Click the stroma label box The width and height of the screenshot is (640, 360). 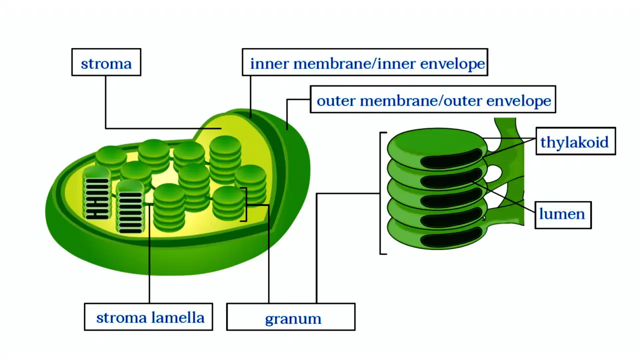(106, 62)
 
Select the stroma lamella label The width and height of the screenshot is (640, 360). (148, 317)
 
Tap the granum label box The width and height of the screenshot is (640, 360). (291, 317)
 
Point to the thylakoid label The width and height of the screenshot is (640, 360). (575, 141)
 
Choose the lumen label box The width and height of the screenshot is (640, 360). (563, 215)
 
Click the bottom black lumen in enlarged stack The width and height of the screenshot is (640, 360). (451, 237)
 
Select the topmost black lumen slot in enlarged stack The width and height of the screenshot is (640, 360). (451, 158)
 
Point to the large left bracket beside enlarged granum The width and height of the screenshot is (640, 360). (380, 193)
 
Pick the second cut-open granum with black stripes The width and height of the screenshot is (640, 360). (130, 207)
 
